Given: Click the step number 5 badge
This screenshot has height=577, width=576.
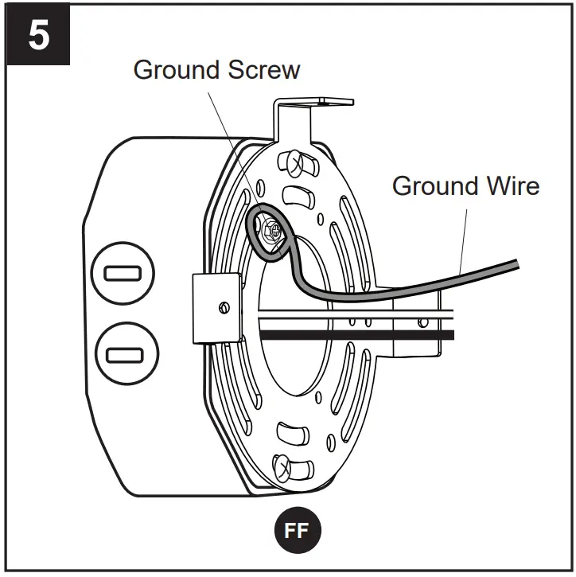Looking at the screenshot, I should click(x=38, y=36).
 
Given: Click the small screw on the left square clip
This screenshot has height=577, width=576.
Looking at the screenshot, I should click(x=224, y=306).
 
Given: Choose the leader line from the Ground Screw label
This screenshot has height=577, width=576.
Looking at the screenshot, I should click(x=235, y=143).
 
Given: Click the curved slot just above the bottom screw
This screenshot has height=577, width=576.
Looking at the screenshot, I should click(x=292, y=435).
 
